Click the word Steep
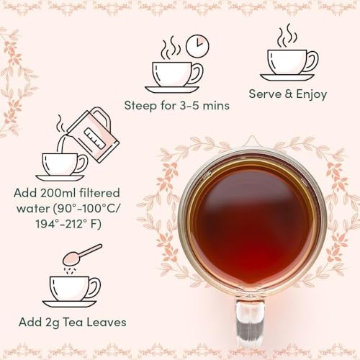139,106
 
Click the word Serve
265,94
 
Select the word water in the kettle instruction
30,210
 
